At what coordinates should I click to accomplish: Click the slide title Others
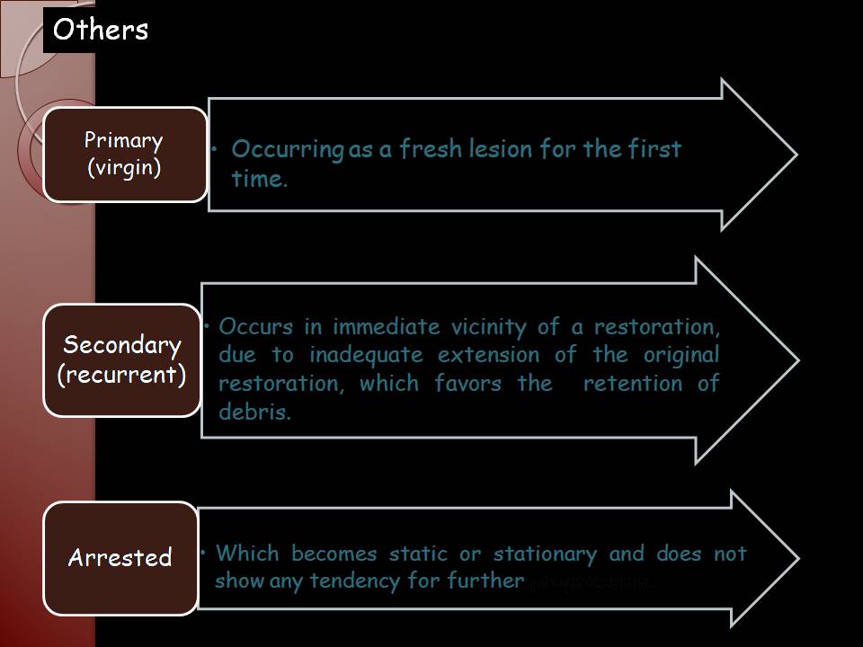[100, 30]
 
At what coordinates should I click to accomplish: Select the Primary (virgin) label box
[124, 154]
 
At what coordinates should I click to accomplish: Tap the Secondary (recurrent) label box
[121, 359]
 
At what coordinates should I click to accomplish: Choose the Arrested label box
[120, 557]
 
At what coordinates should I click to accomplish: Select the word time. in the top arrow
[260, 179]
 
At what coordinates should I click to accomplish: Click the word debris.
[255, 413]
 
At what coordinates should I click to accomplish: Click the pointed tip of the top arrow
[795, 154]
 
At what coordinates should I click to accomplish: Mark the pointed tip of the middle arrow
[796, 359]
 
